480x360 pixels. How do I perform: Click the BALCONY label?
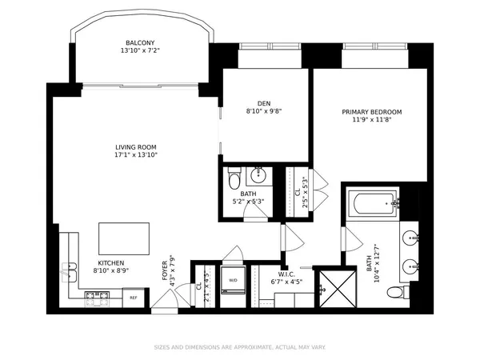tap(139, 42)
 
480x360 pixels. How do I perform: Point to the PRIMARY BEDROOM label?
tap(371, 112)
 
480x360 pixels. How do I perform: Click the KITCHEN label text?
tap(110, 262)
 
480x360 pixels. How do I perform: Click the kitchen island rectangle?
tap(123, 238)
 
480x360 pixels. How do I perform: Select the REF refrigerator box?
tap(134, 298)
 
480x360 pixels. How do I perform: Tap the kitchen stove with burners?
tap(97, 298)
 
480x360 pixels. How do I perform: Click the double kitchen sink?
tap(68, 274)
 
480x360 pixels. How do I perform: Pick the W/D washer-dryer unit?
tap(234, 281)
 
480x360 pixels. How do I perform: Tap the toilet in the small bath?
tap(232, 176)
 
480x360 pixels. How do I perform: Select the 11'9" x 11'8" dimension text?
tap(371, 120)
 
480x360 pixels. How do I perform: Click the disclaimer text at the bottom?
tap(240, 347)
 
